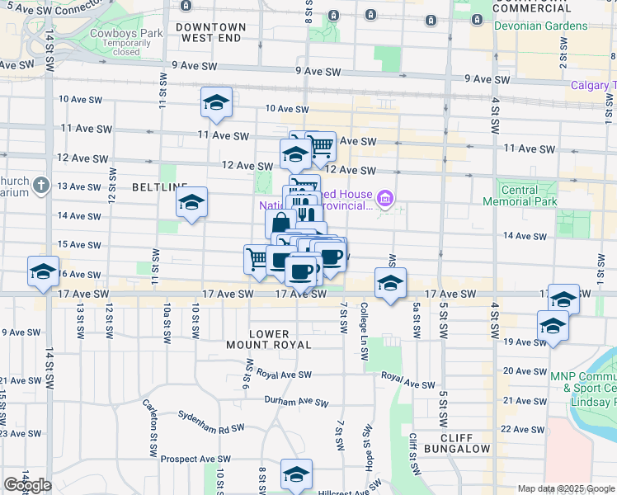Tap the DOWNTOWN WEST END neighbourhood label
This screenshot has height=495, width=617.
211,32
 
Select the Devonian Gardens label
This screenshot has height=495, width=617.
540,26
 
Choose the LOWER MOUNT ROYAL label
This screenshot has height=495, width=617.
269,339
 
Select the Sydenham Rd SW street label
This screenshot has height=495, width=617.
212,429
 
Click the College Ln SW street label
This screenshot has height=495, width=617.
364,330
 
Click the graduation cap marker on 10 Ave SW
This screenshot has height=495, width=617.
216,103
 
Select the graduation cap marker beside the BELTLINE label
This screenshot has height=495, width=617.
191,202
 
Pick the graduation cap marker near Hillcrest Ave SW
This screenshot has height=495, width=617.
296,474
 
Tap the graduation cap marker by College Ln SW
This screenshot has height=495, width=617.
389,284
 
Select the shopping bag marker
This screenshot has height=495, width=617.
280,223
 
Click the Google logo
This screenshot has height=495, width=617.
27,485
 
